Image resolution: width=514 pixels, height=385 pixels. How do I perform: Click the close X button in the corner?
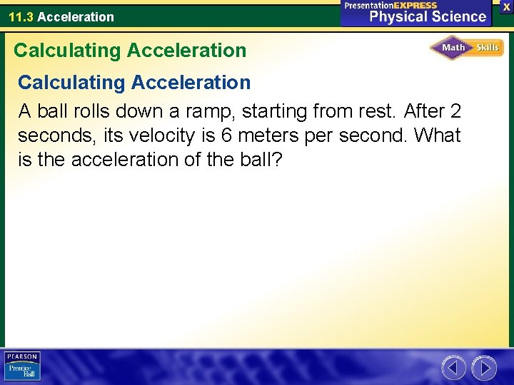coord(506,6)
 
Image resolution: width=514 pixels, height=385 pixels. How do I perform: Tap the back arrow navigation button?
coord(453,368)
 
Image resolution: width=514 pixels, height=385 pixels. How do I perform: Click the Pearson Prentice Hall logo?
coord(22,366)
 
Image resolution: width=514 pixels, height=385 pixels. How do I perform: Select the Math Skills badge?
coord(467,48)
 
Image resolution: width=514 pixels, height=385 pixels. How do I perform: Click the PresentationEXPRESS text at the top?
coord(390,5)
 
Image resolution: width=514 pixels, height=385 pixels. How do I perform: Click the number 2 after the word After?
coord(455,111)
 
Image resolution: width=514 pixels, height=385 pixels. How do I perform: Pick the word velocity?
coord(166,135)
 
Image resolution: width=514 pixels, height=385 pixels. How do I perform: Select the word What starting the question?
coord(437,135)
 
